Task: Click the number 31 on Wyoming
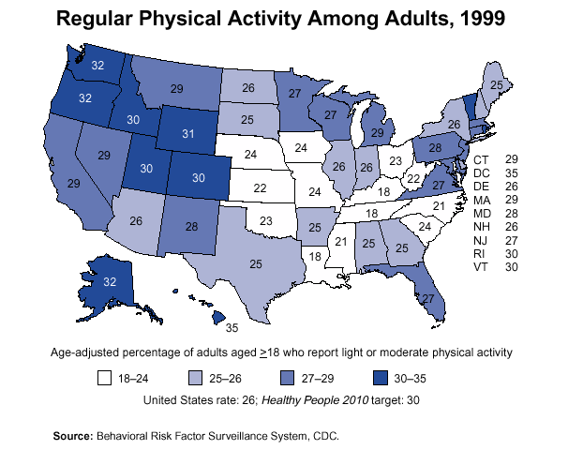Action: point(187,134)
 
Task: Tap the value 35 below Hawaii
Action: point(232,328)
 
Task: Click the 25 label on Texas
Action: point(255,264)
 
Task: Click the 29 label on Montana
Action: point(176,88)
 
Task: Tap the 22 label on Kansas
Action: point(261,187)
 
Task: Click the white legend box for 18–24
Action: point(106,380)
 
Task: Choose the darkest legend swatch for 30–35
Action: point(381,380)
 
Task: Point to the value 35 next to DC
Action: point(512,173)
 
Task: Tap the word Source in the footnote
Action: point(71,436)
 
